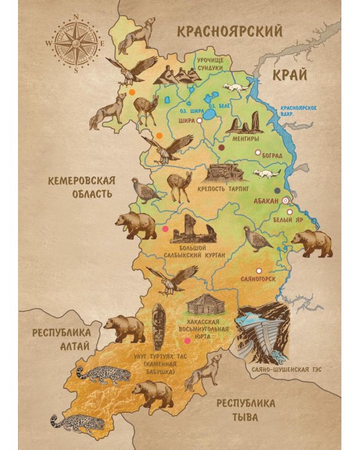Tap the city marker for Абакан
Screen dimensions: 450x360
point(286,202)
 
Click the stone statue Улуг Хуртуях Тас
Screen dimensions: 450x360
point(158,326)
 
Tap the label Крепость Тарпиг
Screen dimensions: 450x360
point(221,196)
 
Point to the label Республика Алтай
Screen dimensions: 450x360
point(62,340)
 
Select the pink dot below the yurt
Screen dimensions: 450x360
point(188,341)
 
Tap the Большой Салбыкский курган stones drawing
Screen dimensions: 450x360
point(193,230)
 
